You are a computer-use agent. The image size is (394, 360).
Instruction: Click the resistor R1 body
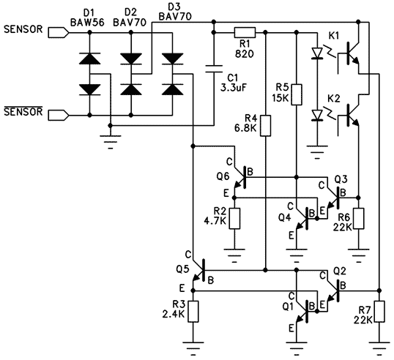click(245, 33)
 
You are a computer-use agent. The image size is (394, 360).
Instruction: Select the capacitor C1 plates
click(214, 69)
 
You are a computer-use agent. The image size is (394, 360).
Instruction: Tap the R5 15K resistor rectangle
click(297, 94)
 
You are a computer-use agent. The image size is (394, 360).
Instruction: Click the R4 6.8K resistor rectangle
click(265, 126)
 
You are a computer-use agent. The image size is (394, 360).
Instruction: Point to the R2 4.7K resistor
click(234, 218)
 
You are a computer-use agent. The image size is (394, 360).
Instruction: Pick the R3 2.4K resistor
click(193, 311)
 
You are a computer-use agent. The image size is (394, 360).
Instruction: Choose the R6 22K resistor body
click(359, 218)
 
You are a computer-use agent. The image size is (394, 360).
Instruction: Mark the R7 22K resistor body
click(379, 311)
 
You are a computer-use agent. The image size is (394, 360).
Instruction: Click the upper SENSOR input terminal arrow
click(59, 33)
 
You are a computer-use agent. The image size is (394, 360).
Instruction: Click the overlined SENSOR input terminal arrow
click(59, 115)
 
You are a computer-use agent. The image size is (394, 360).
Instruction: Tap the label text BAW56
click(87, 23)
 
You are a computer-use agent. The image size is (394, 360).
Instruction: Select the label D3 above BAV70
click(175, 7)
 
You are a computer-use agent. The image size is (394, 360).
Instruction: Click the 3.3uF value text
click(234, 88)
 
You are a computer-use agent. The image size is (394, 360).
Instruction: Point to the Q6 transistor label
click(223, 176)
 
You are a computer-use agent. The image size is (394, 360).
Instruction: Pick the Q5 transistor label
click(182, 269)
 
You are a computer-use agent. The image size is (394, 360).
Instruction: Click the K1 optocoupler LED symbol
click(317, 53)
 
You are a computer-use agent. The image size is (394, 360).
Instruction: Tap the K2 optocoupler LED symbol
click(317, 115)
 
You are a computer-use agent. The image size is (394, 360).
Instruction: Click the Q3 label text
click(341, 179)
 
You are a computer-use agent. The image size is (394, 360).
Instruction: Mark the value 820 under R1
click(245, 53)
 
